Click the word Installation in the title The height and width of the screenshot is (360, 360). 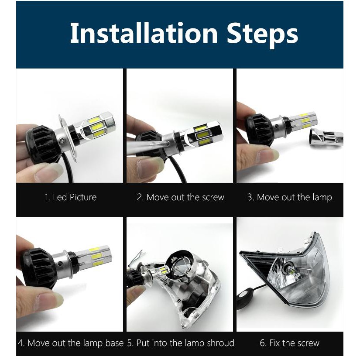click(x=144, y=33)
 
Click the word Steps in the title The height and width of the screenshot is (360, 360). click(x=262, y=34)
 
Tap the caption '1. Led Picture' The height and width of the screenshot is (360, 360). click(x=71, y=197)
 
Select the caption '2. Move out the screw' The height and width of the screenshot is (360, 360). click(x=181, y=197)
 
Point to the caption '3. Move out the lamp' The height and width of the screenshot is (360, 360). click(x=290, y=197)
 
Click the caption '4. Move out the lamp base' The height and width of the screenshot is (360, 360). click(x=71, y=343)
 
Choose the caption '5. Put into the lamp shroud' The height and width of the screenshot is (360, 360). click(x=181, y=343)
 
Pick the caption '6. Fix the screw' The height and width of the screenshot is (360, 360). click(x=290, y=343)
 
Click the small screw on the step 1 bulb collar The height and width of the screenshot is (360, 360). click(x=62, y=139)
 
